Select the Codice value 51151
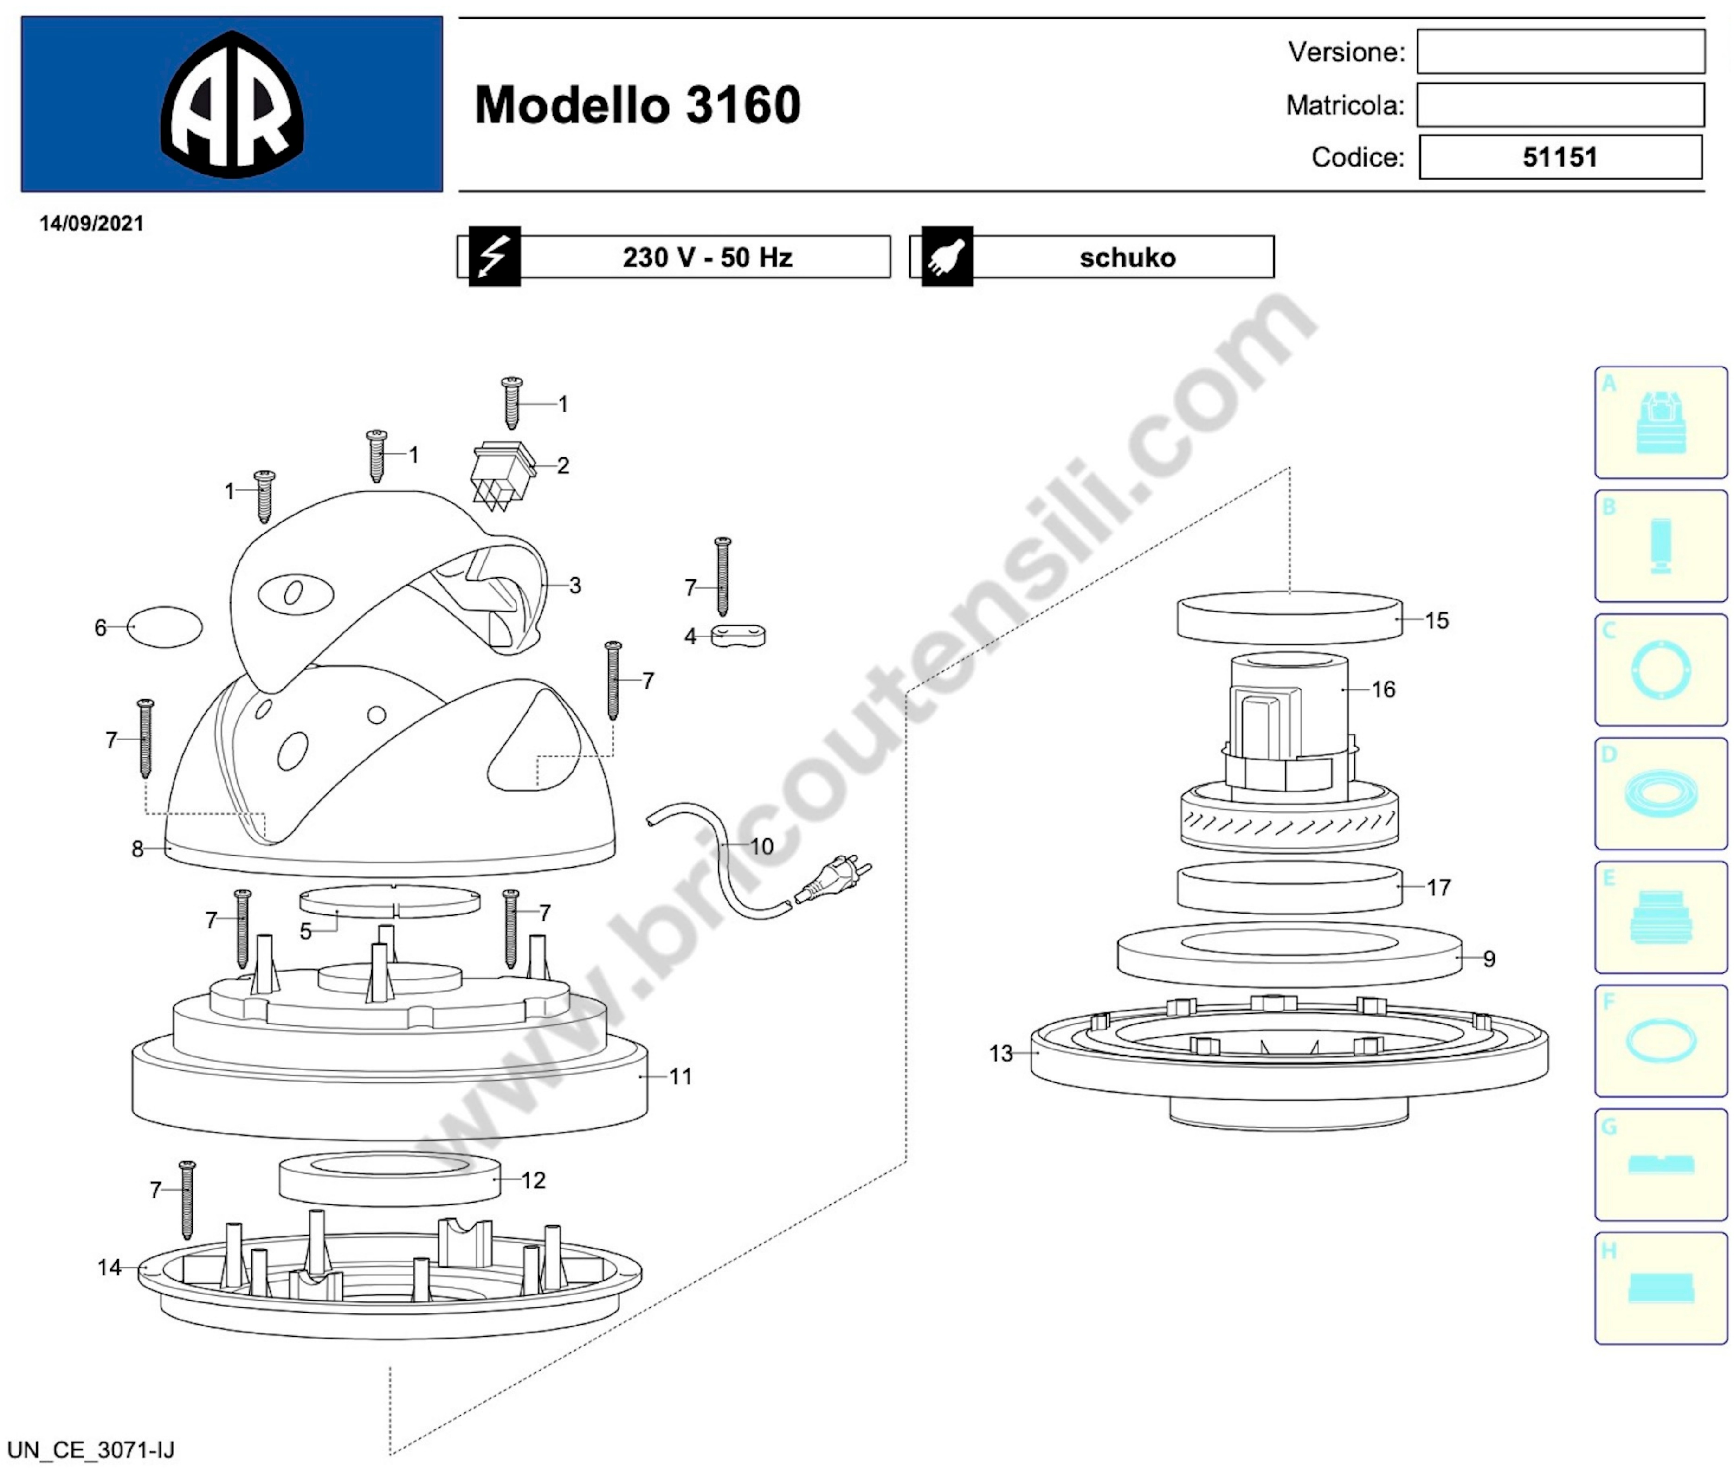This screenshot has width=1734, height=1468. [1560, 157]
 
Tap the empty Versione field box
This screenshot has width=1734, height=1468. [1561, 52]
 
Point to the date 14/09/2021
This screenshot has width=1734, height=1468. [91, 223]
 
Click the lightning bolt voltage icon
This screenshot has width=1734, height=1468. [494, 256]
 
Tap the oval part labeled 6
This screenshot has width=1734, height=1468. [167, 627]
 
